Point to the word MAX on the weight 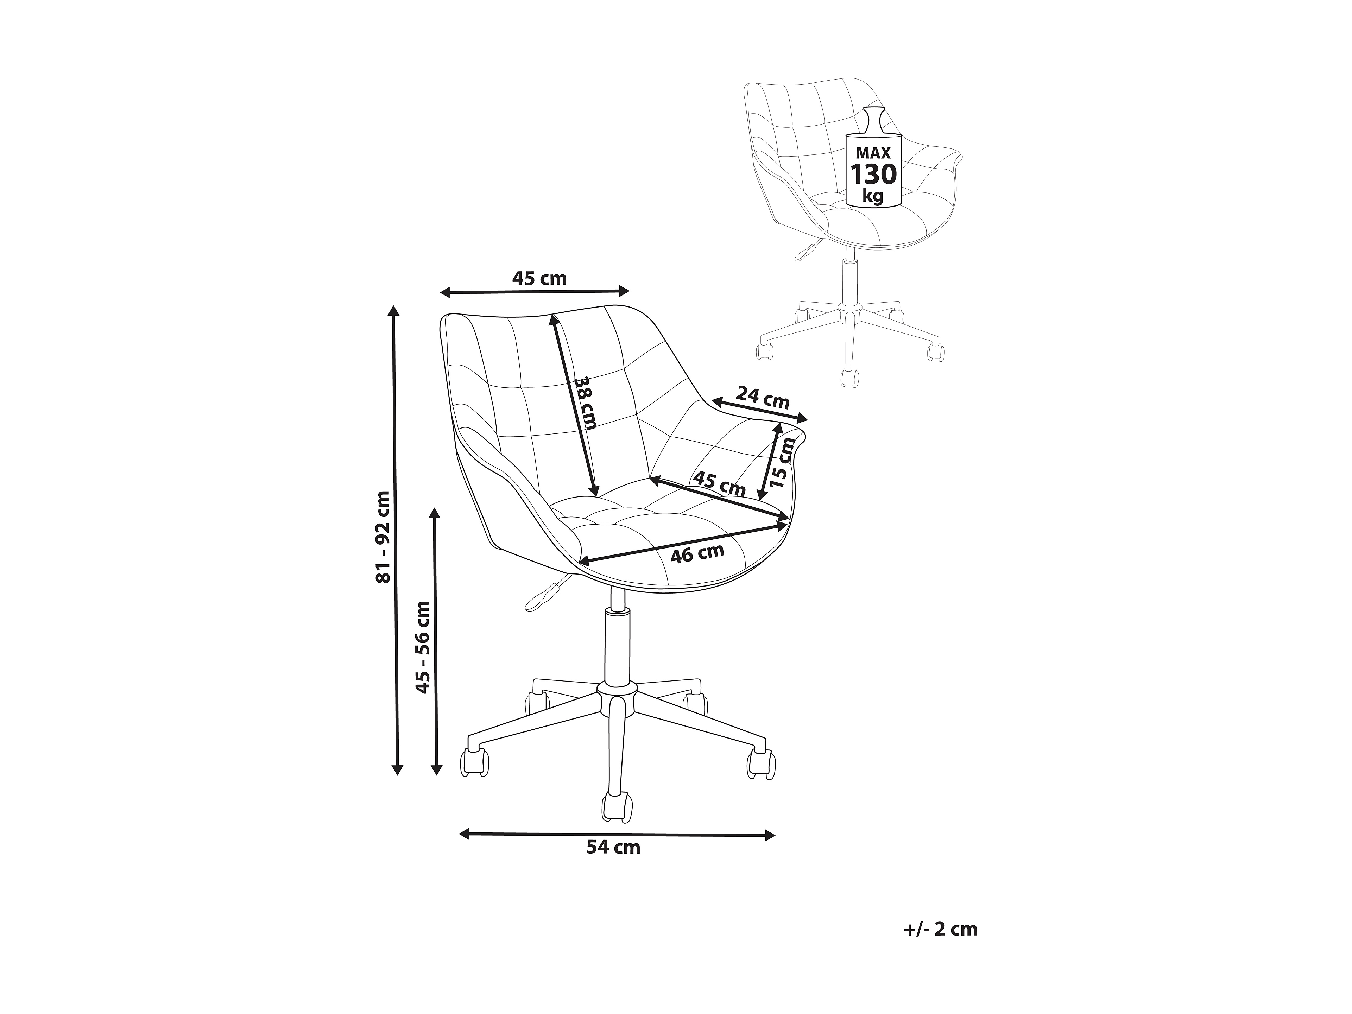(x=873, y=153)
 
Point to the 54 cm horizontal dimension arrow (x=617, y=834)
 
